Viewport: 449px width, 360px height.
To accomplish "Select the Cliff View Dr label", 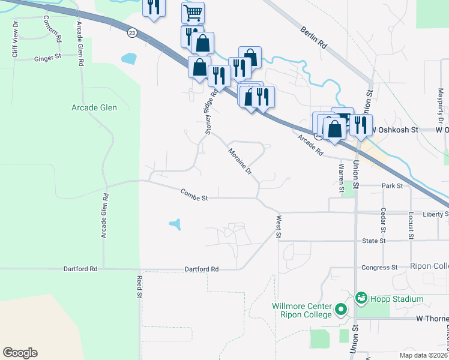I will pyautogui.click(x=15, y=40).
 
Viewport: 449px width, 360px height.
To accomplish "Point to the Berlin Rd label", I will pyautogui.click(x=313, y=37).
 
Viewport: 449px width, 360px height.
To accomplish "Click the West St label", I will pyautogui.click(x=279, y=226).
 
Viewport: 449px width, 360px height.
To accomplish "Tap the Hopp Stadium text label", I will pyautogui.click(x=397, y=299).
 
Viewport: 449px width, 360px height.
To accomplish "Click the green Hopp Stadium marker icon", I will pyautogui.click(x=361, y=297).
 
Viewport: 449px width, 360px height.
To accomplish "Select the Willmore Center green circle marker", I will pyautogui.click(x=341, y=310).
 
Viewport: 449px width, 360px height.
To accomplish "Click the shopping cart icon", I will pyautogui.click(x=193, y=11).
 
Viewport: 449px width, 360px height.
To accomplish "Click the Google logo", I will pyautogui.click(x=20, y=353).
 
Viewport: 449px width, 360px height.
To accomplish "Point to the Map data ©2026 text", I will pyautogui.click(x=423, y=355).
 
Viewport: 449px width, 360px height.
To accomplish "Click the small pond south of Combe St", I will pyautogui.click(x=175, y=225).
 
